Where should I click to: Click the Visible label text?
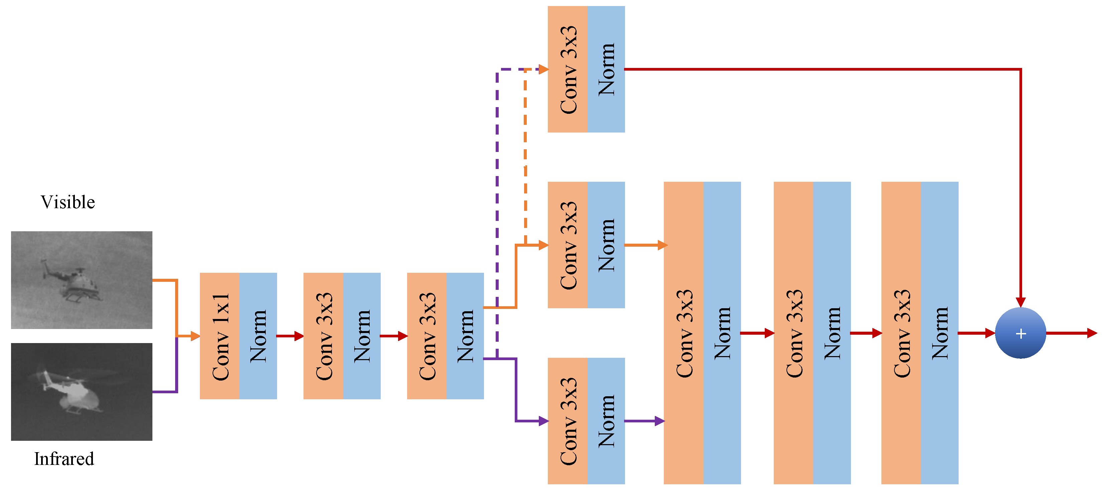coord(68,202)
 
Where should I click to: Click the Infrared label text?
coord(64,459)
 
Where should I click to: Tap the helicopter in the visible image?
coord(75,282)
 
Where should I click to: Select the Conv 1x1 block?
coord(220,336)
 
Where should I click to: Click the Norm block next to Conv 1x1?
coord(258,336)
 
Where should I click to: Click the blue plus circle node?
coord(1020,333)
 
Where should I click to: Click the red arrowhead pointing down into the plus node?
coord(1020,302)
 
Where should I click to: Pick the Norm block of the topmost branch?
coord(606,69)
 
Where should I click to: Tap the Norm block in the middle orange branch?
coord(606,245)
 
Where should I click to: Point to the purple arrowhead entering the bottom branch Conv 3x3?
coord(543,421)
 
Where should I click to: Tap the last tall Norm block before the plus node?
coord(940,333)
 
